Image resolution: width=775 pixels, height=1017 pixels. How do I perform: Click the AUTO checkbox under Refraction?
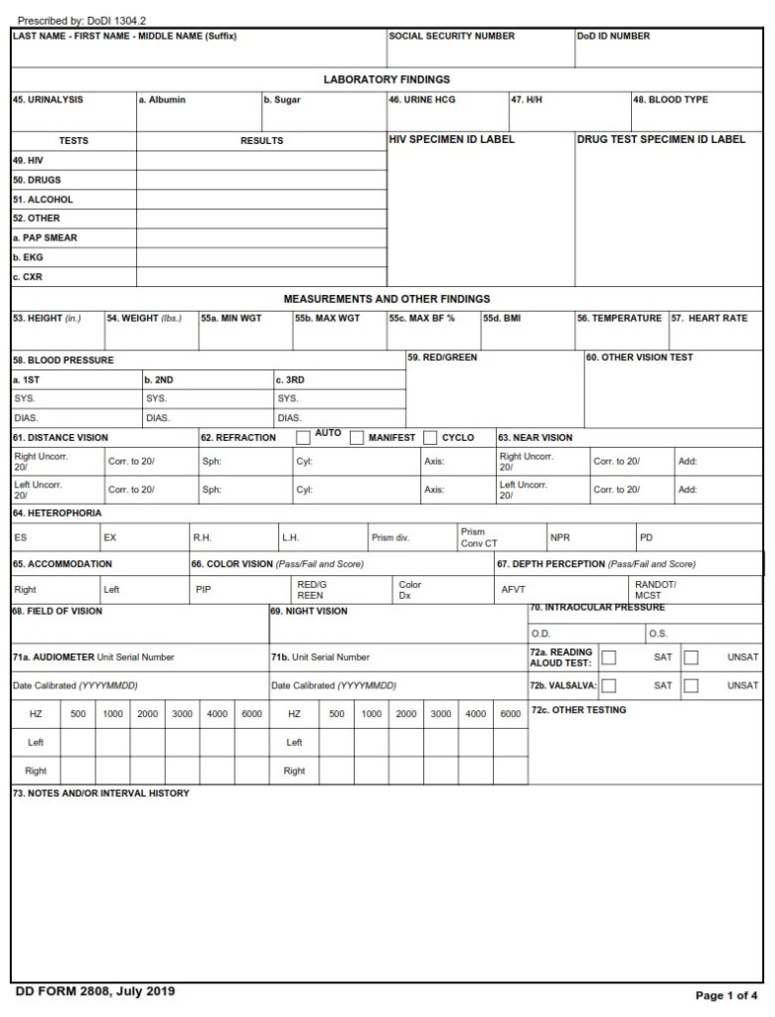pos(303,438)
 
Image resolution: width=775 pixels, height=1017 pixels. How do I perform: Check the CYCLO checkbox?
pos(430,438)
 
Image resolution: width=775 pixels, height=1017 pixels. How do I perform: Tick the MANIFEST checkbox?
pos(356,438)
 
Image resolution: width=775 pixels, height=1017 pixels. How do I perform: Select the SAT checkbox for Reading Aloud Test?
pos(609,657)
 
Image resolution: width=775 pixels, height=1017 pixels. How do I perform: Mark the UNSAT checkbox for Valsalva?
pos(691,685)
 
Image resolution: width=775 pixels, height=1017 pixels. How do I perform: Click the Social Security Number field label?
pos(451,37)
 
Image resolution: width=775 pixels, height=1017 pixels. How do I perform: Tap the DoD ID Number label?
pos(613,37)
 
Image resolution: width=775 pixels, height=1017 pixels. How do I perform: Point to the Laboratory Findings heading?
pos(387,79)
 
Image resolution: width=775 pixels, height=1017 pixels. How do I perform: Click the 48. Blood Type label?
pos(671,100)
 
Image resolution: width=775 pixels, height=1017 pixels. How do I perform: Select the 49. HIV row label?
pos(29,160)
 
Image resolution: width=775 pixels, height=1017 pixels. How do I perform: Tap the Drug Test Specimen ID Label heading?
pos(661,140)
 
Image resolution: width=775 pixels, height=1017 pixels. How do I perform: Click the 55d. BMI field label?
pos(501,319)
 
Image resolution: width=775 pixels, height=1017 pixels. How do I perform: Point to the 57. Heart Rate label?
pos(709,319)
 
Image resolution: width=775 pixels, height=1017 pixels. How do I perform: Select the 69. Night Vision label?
pos(309,612)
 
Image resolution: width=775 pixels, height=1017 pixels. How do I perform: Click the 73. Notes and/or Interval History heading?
pos(100,794)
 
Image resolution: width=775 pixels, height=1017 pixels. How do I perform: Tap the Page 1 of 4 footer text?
pos(727,995)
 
